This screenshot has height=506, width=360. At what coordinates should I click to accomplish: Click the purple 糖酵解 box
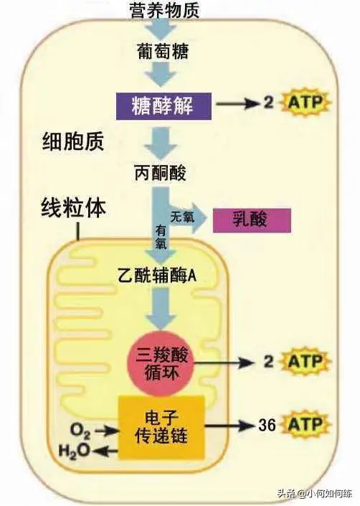coord(164,106)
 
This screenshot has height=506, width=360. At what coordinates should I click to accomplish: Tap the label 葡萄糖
coord(163,52)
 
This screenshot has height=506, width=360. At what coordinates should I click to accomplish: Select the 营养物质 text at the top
coord(164,10)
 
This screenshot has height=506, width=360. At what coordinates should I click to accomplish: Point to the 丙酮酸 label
coord(160,173)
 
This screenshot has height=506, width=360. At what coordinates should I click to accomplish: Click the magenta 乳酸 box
coord(252,220)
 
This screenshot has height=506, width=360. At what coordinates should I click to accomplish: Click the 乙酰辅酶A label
coord(157,276)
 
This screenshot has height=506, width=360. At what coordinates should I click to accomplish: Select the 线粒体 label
coord(73,208)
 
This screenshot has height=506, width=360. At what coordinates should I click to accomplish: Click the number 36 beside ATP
coord(267,425)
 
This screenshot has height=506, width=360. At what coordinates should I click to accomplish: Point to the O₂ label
coord(80,431)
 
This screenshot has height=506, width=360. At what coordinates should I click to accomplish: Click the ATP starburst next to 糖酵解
coord(305,103)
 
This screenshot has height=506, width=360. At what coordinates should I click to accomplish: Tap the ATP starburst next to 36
coord(305,424)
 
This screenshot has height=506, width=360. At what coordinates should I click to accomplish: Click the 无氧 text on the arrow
coord(182,217)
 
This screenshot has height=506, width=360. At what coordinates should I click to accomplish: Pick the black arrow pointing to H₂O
coord(105,451)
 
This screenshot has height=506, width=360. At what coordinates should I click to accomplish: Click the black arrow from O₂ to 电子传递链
coord(107,430)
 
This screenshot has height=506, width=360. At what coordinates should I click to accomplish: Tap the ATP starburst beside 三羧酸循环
coord(305,362)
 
